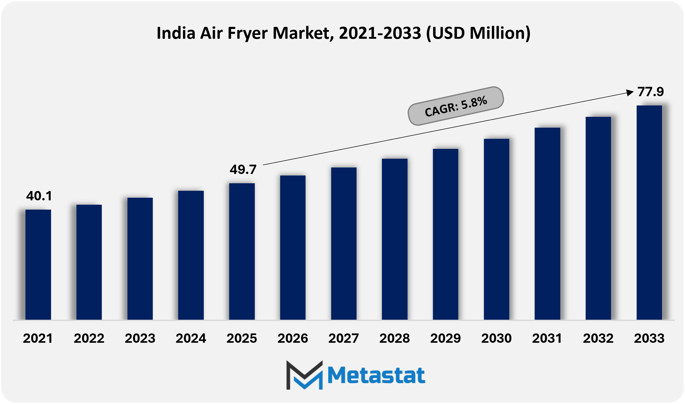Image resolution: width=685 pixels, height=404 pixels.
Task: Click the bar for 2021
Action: pyautogui.click(x=38, y=264)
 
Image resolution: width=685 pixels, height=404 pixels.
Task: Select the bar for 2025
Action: pyautogui.click(x=242, y=251)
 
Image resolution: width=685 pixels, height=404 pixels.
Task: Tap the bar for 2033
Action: pyautogui.click(x=649, y=212)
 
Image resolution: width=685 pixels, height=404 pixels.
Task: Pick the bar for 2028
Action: pyautogui.click(x=395, y=239)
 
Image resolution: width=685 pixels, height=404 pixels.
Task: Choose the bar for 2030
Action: pyautogui.click(x=496, y=229)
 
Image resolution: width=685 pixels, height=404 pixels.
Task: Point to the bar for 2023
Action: pyautogui.click(x=140, y=258)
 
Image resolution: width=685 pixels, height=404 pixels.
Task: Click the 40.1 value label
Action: pyautogui.click(x=39, y=196)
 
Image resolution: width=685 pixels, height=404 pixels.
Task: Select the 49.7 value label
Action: pyautogui.click(x=243, y=170)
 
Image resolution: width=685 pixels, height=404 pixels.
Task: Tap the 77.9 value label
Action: pyautogui.click(x=650, y=92)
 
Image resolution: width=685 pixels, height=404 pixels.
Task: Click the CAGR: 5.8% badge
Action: pyautogui.click(x=455, y=106)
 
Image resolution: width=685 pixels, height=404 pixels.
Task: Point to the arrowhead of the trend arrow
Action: pyautogui.click(x=630, y=93)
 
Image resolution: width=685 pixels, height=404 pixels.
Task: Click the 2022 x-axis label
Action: pyautogui.click(x=89, y=338)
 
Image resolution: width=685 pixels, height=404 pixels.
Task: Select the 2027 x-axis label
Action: pyautogui.click(x=344, y=338)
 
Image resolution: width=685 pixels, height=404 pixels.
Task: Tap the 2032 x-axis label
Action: pyautogui.click(x=598, y=338)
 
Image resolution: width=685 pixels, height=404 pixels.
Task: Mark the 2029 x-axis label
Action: pyautogui.click(x=445, y=338)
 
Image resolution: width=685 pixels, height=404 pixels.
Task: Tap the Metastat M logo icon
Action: pyautogui.click(x=304, y=375)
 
